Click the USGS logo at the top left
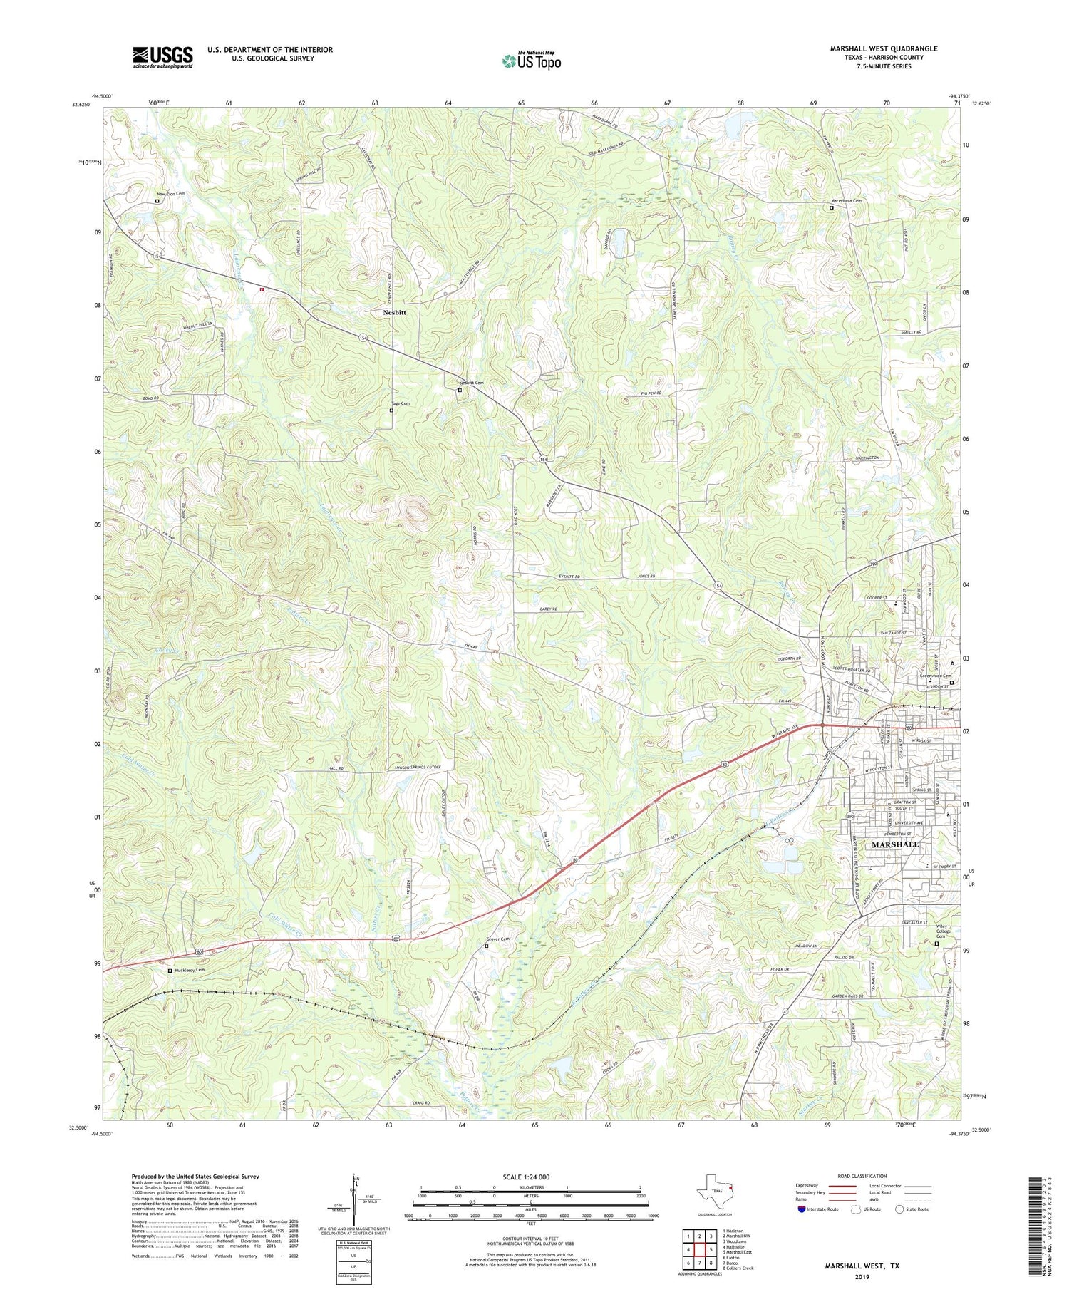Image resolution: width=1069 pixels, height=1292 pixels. [x=162, y=57]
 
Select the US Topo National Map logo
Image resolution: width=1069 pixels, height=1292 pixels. [x=532, y=60]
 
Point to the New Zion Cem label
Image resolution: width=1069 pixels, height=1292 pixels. [x=171, y=193]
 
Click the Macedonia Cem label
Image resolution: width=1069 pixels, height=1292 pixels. [x=847, y=201]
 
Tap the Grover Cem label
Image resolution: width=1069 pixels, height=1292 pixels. [x=498, y=939]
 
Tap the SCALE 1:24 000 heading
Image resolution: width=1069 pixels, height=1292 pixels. [x=530, y=1177]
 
